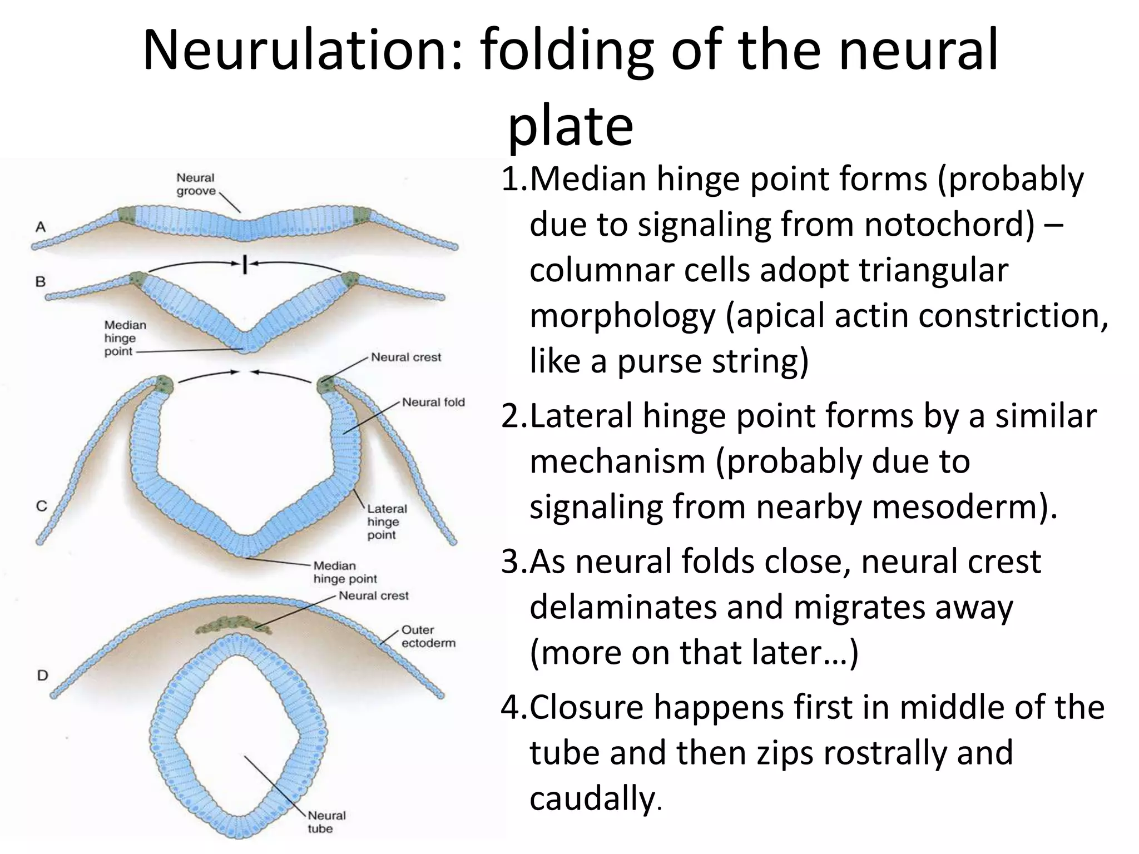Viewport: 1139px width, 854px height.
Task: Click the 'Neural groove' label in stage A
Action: click(x=196, y=185)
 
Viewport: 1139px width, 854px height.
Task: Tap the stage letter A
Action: click(x=41, y=227)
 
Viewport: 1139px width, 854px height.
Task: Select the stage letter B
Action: click(x=41, y=282)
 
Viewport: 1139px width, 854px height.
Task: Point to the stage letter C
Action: click(x=42, y=506)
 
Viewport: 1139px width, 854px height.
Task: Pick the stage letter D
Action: click(x=42, y=676)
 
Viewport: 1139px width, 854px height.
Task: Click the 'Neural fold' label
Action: click(x=433, y=402)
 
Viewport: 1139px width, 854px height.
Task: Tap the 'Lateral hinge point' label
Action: click(x=387, y=522)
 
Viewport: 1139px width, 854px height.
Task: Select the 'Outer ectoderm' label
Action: click(x=428, y=636)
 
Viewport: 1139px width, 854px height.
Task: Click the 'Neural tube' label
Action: click(x=326, y=822)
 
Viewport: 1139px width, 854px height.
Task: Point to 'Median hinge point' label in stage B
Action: click(x=125, y=338)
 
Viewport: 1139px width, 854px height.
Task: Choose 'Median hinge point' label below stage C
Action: click(x=345, y=572)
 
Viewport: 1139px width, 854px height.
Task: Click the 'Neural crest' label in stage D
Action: click(x=374, y=596)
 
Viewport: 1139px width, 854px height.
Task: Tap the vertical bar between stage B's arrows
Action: click(x=244, y=264)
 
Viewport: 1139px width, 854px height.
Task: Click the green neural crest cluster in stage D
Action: click(x=234, y=625)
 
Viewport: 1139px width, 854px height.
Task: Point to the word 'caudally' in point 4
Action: click(x=592, y=798)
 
